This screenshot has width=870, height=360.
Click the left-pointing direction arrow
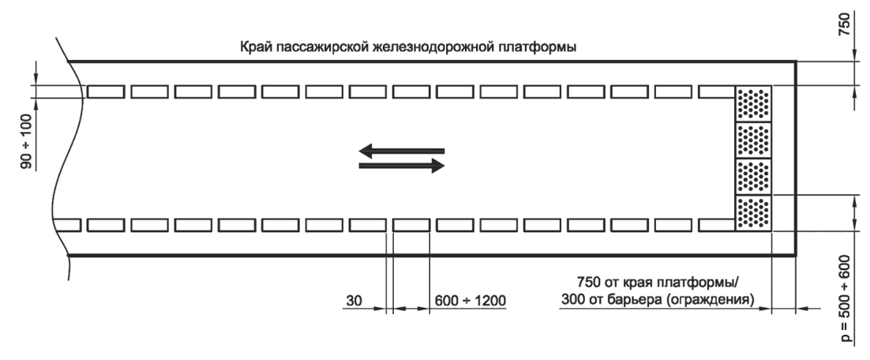click(x=401, y=150)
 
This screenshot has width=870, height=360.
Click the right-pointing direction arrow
click(x=401, y=166)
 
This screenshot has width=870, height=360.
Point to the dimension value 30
click(x=354, y=301)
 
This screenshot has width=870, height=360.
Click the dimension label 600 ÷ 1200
click(x=471, y=301)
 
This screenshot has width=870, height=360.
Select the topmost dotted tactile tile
click(x=753, y=103)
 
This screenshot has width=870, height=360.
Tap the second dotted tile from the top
click(x=753, y=140)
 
